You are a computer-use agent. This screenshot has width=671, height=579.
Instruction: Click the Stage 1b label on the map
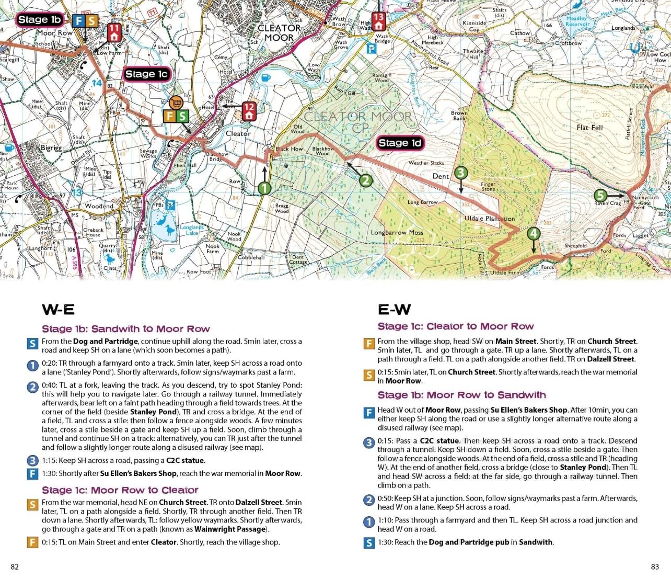(40, 20)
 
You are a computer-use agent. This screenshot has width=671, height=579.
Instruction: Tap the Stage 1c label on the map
(146, 74)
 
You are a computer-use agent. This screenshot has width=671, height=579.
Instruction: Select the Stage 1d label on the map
(400, 143)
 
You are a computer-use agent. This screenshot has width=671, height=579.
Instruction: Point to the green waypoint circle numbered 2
(366, 180)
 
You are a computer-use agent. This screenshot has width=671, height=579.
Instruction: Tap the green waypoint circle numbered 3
(460, 173)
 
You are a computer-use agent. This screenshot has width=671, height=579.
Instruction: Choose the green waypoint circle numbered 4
(533, 233)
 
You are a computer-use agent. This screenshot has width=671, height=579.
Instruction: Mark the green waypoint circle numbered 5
(600, 196)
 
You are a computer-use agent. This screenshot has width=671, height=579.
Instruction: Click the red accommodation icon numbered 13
(378, 21)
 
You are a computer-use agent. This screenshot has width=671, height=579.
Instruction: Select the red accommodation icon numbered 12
(249, 110)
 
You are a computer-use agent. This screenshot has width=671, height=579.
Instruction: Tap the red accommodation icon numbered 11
(113, 32)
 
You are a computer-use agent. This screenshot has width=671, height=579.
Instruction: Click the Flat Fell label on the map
(589, 128)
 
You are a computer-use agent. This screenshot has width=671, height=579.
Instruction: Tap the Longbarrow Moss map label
(397, 233)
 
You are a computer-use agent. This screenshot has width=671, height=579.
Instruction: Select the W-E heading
(58, 310)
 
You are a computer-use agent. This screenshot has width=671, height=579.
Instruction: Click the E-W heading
(394, 310)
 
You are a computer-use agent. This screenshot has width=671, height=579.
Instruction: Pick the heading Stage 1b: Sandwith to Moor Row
(125, 329)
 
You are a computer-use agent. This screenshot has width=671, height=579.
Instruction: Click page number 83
(655, 567)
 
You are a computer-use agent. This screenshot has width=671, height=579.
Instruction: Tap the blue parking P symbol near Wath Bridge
(371, 49)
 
